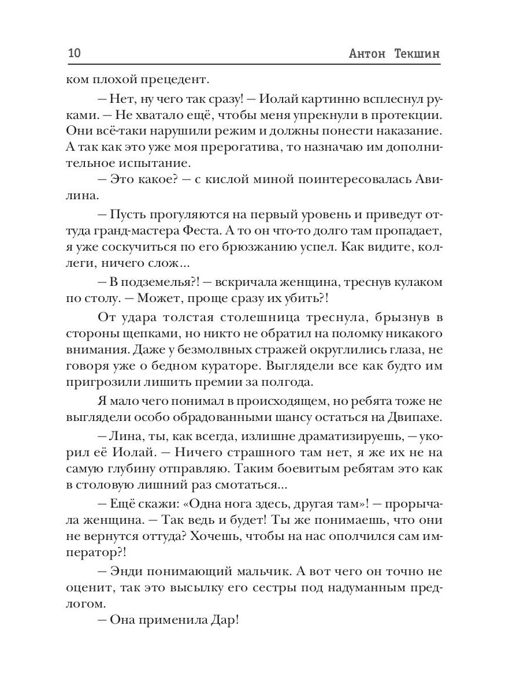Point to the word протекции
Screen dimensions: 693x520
tap(409, 115)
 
